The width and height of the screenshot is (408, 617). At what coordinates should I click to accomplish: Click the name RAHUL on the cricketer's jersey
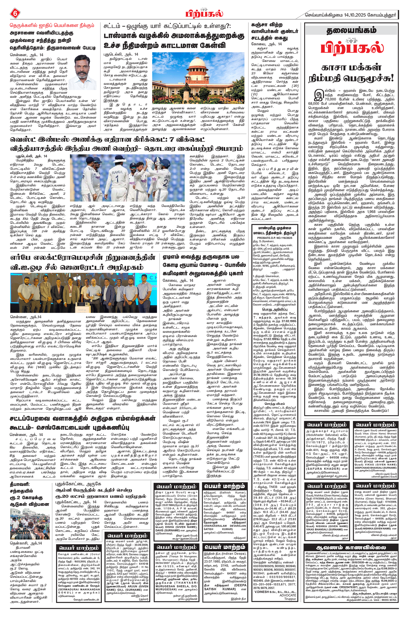117,172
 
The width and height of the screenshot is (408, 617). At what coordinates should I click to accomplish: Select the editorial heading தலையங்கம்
351,31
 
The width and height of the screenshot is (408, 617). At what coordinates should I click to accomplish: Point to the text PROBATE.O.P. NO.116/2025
275,238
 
